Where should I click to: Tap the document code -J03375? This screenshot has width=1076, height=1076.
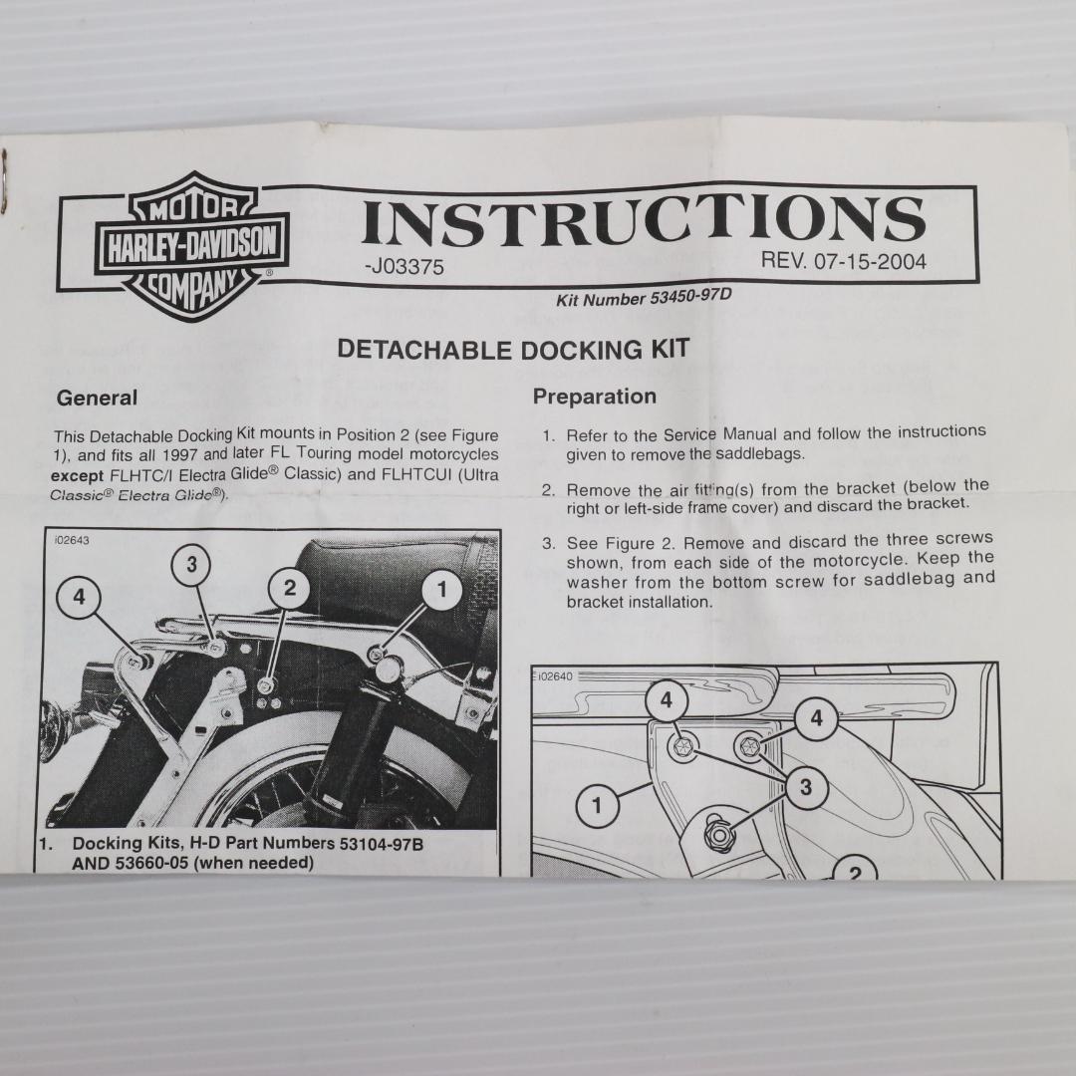click(404, 267)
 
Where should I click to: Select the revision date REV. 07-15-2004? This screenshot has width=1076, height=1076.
click(844, 261)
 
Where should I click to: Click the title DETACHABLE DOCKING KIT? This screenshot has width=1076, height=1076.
click(513, 350)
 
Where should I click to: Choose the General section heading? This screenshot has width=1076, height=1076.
click(97, 398)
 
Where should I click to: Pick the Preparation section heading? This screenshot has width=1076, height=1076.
click(594, 396)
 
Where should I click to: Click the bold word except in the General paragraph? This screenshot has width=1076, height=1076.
click(77, 475)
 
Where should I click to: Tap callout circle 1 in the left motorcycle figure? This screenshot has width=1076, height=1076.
click(442, 589)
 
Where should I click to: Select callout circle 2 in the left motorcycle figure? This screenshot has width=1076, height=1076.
click(290, 588)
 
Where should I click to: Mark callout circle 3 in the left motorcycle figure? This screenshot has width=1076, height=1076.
click(191, 564)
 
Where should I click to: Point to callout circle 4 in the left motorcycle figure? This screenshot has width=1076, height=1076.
click(80, 597)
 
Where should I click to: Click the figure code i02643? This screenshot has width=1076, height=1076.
click(72, 540)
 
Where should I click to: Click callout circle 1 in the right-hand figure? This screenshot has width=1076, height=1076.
click(597, 804)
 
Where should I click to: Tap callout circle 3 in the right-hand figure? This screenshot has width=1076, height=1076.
click(806, 787)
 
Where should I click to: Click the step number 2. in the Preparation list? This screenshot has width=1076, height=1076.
click(548, 490)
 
